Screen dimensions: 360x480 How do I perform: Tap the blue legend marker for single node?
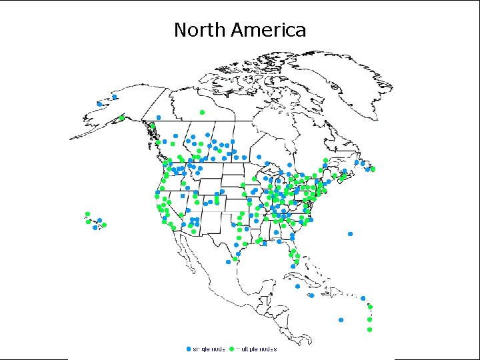tap(189, 349)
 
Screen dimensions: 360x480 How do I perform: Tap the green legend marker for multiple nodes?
tap(231, 349)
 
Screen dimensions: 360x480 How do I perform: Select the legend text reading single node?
tap(209, 349)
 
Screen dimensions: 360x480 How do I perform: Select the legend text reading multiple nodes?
tap(256, 349)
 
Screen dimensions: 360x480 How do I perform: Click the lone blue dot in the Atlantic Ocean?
tap(350, 234)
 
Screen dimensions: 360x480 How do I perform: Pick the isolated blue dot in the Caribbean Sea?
tap(341, 319)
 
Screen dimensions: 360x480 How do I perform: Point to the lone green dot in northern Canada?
tap(202, 112)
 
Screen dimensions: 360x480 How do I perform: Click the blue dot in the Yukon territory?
tap(158, 117)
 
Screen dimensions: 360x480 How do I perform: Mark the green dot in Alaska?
tap(121, 119)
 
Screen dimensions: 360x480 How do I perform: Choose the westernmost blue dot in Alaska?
tap(99, 104)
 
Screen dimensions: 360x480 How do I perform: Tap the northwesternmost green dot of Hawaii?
tap(87, 214)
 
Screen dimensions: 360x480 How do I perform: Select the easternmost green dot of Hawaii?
tap(104, 225)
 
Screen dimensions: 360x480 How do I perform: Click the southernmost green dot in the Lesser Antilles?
tap(369, 329)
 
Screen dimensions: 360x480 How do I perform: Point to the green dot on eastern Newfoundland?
tap(373, 169)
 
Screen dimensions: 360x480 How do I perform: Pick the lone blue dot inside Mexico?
tap(228, 262)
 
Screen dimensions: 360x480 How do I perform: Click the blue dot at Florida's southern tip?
tap(291, 267)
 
